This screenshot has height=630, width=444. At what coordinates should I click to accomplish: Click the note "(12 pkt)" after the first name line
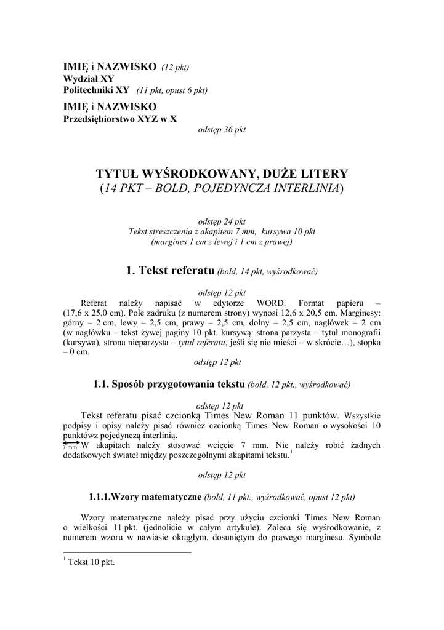click(176, 67)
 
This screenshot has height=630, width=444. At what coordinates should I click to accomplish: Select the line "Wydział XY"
click(89, 79)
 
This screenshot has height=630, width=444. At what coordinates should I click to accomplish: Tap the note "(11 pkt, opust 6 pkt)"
click(172, 90)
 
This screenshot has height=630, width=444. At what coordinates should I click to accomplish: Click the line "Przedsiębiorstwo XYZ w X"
click(120, 119)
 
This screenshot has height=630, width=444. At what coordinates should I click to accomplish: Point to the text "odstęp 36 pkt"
click(222, 130)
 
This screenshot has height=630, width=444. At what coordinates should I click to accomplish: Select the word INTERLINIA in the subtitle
click(307, 188)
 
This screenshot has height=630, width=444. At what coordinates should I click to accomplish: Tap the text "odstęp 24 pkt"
click(222, 221)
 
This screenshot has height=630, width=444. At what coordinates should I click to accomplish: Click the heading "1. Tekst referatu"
click(170, 269)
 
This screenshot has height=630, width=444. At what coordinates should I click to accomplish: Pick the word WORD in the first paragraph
click(271, 303)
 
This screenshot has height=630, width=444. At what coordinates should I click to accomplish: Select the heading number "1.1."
click(101, 385)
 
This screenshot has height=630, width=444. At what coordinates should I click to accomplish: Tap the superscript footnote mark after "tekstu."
click(291, 452)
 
